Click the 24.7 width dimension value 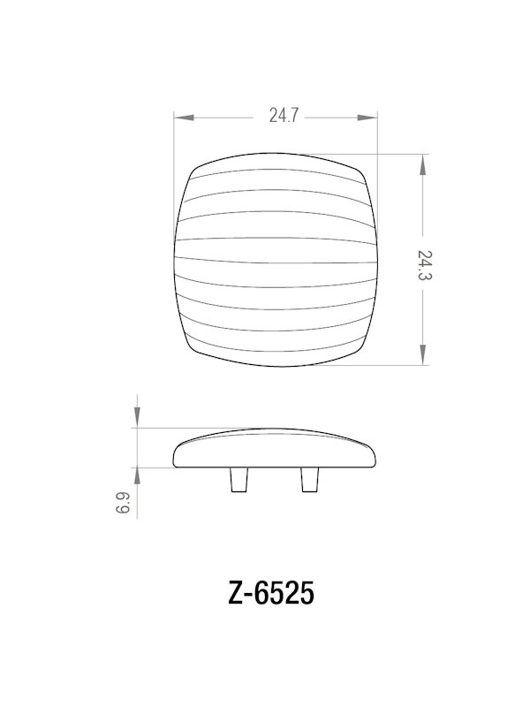[282, 116]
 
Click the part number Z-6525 [271, 594]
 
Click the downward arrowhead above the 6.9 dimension [137, 421]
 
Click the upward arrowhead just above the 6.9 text [137, 473]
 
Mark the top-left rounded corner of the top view [196, 170]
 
